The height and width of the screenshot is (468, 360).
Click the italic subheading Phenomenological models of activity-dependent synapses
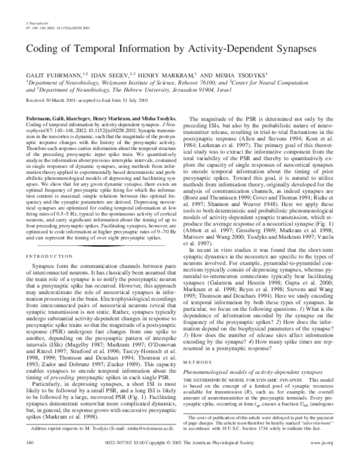pyautogui.click(x=252, y=339)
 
